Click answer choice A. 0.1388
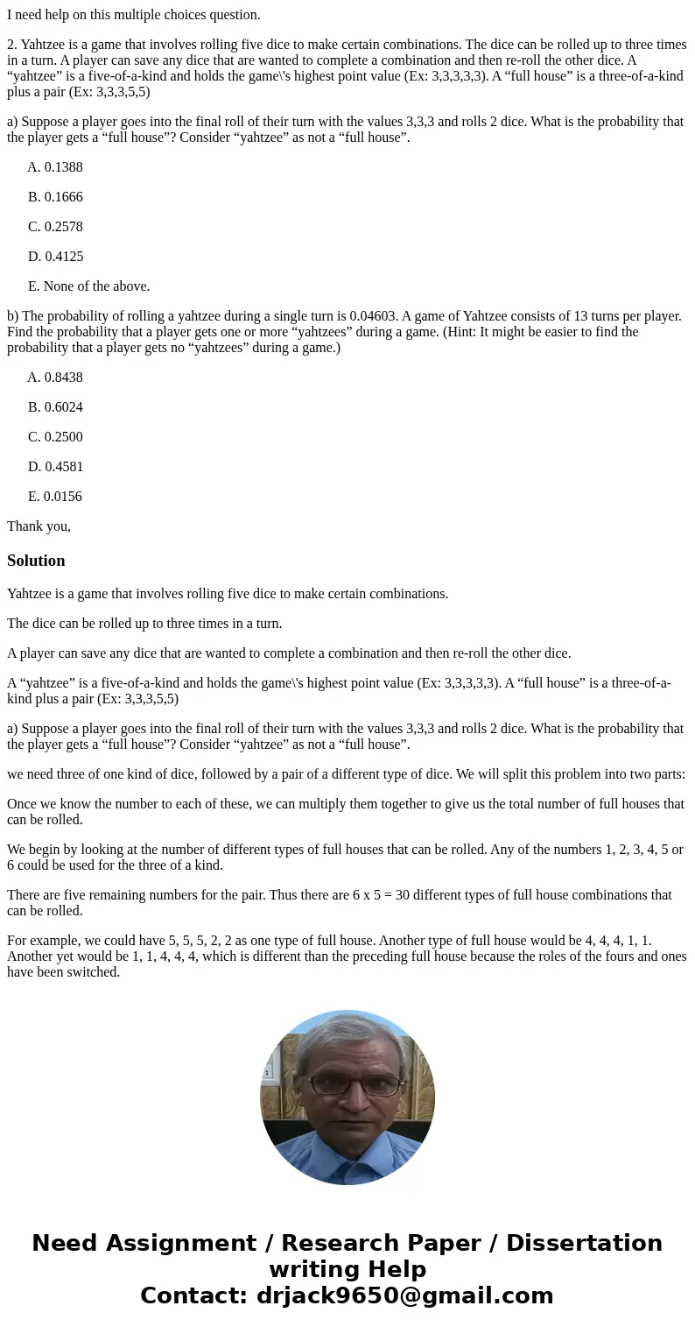click(x=55, y=167)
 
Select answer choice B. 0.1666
click(x=55, y=197)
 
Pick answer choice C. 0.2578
click(x=55, y=227)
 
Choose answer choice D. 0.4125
click(x=55, y=257)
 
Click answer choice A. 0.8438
click(x=55, y=378)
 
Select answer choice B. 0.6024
click(x=55, y=407)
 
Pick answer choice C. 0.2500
click(x=55, y=437)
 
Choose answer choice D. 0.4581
click(x=55, y=467)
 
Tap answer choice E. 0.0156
click(x=55, y=497)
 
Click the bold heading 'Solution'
click(x=36, y=561)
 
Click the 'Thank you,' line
click(x=39, y=526)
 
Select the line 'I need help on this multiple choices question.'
click(x=134, y=15)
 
